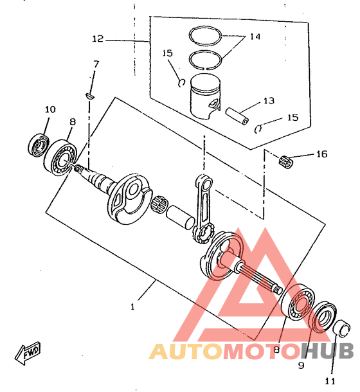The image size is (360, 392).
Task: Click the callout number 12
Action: coord(98,39)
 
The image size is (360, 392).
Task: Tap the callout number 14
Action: coord(255,37)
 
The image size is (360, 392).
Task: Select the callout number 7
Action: coord(96,64)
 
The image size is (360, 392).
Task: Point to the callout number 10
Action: coord(50,109)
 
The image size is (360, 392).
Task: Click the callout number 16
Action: coord(322,154)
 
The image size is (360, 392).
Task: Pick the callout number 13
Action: coord(269,101)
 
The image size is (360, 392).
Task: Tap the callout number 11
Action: coord(330,381)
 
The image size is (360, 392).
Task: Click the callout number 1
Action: coord(132,307)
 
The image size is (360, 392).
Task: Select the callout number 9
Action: coord(301,365)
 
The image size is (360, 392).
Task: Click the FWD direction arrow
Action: coord(28,353)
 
